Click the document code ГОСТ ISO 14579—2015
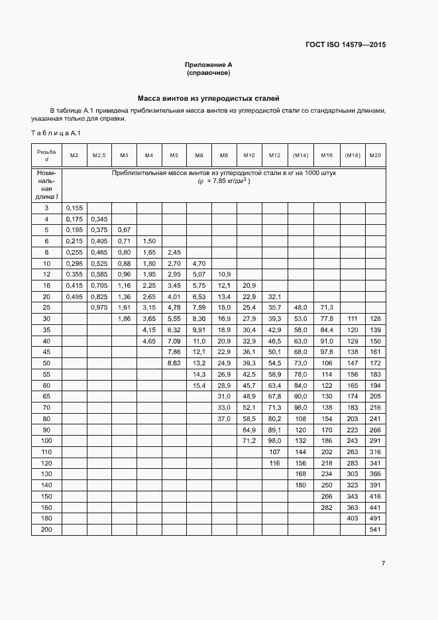click(x=345, y=45)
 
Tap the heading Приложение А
click(x=208, y=64)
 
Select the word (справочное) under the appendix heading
click(x=208, y=72)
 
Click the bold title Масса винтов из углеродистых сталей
click(x=208, y=97)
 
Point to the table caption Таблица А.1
click(x=56, y=134)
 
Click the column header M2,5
click(x=99, y=155)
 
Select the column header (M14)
click(x=300, y=155)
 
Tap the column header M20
click(x=375, y=155)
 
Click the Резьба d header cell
click(x=46, y=155)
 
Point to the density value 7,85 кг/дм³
click(x=224, y=180)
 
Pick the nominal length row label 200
click(x=46, y=530)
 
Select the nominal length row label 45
click(x=46, y=351)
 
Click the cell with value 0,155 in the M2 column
click(x=74, y=208)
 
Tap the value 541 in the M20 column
click(x=375, y=530)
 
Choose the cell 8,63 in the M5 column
click(x=174, y=363)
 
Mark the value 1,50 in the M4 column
click(x=149, y=241)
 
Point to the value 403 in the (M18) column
click(x=353, y=518)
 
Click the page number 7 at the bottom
click(x=383, y=564)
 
